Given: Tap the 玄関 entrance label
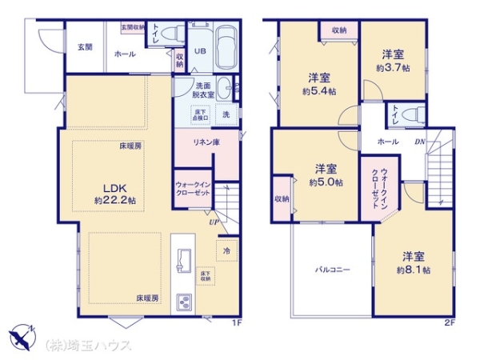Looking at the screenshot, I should (x=85, y=46).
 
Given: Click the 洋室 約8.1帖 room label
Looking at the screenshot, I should (x=415, y=263).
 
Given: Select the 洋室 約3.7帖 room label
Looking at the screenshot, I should (x=392, y=61).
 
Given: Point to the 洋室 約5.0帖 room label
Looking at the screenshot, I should (x=326, y=175).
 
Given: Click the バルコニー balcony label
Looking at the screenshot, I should (x=330, y=270).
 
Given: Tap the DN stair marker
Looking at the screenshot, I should (x=419, y=142).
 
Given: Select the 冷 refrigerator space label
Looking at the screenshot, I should (x=227, y=250).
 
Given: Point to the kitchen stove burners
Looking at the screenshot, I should (x=182, y=302).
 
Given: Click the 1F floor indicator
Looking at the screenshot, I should (x=236, y=323).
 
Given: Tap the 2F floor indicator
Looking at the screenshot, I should (x=450, y=323).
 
